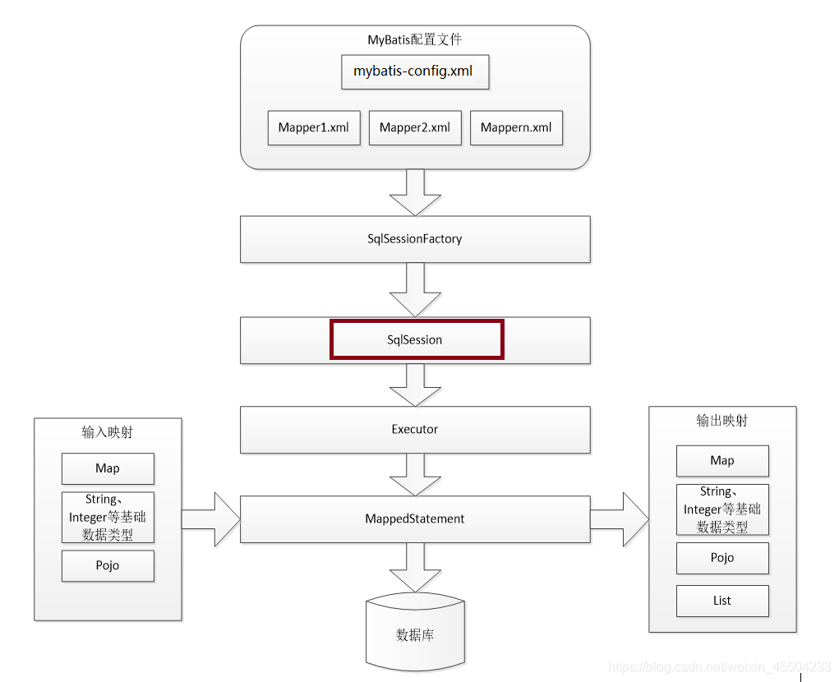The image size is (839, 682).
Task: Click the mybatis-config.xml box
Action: tap(414, 71)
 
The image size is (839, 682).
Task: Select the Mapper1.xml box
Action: tap(314, 128)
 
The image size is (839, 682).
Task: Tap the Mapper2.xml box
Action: tap(415, 128)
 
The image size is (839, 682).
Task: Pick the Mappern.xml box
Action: tap(516, 128)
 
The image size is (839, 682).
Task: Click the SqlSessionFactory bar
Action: tap(415, 239)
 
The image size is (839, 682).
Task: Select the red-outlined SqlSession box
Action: tap(416, 339)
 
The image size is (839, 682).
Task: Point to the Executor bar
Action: tap(415, 429)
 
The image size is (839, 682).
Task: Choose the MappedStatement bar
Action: tap(415, 519)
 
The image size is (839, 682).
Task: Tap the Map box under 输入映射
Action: tap(108, 468)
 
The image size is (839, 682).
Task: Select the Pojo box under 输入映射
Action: tap(108, 565)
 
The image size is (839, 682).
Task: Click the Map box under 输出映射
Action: tap(722, 461)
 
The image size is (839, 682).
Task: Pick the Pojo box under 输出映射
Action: tap(722, 558)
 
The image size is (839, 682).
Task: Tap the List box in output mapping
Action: tap(722, 601)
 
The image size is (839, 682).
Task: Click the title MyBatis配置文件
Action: tap(415, 39)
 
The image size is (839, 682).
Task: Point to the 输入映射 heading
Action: tap(108, 432)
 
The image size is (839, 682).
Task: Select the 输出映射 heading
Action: tap(722, 421)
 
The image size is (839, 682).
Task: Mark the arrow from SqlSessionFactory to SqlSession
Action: tap(415, 290)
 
